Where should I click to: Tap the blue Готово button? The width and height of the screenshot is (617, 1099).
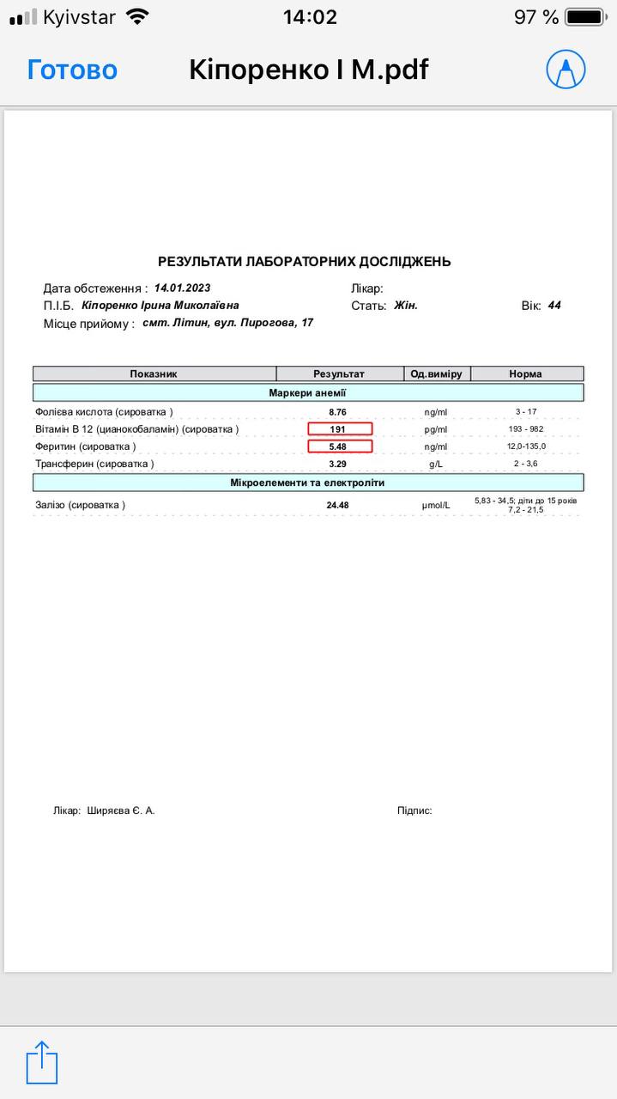(72, 70)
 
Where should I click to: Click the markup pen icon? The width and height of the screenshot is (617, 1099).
(566, 70)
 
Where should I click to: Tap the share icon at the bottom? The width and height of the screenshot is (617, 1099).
(42, 1062)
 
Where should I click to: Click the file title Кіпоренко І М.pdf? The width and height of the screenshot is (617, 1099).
(308, 70)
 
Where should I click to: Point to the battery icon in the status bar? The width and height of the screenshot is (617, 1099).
(586, 17)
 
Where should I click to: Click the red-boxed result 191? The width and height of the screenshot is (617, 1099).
(340, 429)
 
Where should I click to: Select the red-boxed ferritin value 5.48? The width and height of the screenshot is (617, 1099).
(340, 446)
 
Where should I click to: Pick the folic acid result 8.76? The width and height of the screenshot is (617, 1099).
(337, 412)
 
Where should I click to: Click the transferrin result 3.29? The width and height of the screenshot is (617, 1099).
(337, 464)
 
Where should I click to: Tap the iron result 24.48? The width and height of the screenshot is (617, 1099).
(337, 505)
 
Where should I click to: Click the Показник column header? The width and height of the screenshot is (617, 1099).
(154, 373)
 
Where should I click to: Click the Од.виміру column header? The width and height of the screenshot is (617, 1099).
(436, 373)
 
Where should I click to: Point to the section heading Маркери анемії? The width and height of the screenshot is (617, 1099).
(307, 392)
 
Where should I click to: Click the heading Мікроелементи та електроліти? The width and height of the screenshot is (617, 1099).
(307, 483)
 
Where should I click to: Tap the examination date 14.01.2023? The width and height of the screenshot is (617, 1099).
(182, 288)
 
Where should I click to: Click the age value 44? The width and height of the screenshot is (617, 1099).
(554, 305)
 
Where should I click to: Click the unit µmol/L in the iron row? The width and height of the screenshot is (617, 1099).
(436, 505)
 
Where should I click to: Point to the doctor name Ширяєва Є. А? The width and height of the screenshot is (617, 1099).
(121, 810)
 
